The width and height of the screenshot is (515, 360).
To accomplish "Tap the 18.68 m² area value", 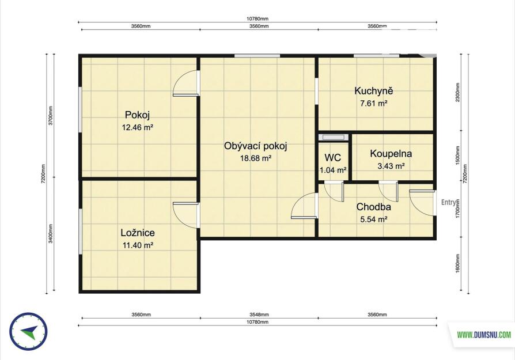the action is [256, 158].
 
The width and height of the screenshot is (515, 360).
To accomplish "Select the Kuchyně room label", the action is [373, 91].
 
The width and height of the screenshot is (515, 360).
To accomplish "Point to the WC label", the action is [333, 158].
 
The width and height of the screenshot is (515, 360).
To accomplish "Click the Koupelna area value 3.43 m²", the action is [391, 166].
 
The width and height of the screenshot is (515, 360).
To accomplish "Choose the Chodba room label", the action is [373, 207].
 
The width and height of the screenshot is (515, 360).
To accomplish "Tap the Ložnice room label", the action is [138, 233].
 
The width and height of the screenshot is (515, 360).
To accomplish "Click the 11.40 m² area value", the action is [138, 245].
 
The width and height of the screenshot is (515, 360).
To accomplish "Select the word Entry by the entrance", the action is [449, 203].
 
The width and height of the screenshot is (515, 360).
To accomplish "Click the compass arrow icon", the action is [29, 331].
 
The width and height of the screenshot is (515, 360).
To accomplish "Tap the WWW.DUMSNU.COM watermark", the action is [484, 335].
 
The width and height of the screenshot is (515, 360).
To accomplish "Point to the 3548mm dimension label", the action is [259, 314].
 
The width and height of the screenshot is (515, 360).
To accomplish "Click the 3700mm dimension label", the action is [51, 116].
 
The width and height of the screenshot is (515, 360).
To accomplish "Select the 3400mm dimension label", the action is [51, 233].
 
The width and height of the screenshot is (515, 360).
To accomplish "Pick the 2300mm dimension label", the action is [458, 92].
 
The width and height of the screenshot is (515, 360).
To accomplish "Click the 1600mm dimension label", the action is [458, 263].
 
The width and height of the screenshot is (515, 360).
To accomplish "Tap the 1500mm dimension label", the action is [458, 156].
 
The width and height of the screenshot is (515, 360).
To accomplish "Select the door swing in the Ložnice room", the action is [186, 215].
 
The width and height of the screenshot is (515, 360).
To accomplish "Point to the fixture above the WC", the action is [334, 137].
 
